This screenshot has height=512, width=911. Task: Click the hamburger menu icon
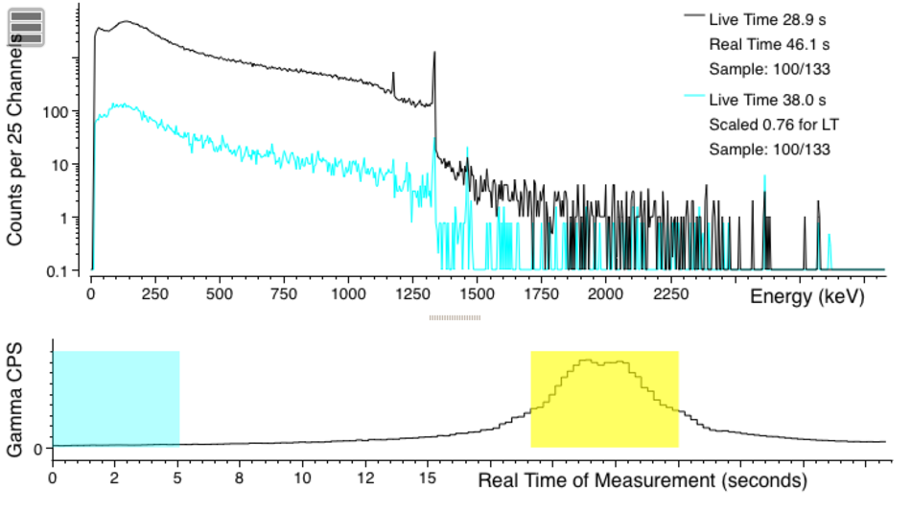[28, 28]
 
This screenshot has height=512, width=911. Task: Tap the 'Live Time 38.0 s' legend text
[767, 100]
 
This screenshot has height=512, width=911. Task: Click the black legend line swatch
[692, 17]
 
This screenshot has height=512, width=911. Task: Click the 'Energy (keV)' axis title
[806, 296]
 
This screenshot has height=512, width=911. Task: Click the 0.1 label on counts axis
[63, 271]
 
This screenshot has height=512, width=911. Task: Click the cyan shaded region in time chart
[116, 398]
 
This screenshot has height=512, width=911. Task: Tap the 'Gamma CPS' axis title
[15, 397]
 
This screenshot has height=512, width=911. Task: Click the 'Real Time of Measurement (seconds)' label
[642, 479]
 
